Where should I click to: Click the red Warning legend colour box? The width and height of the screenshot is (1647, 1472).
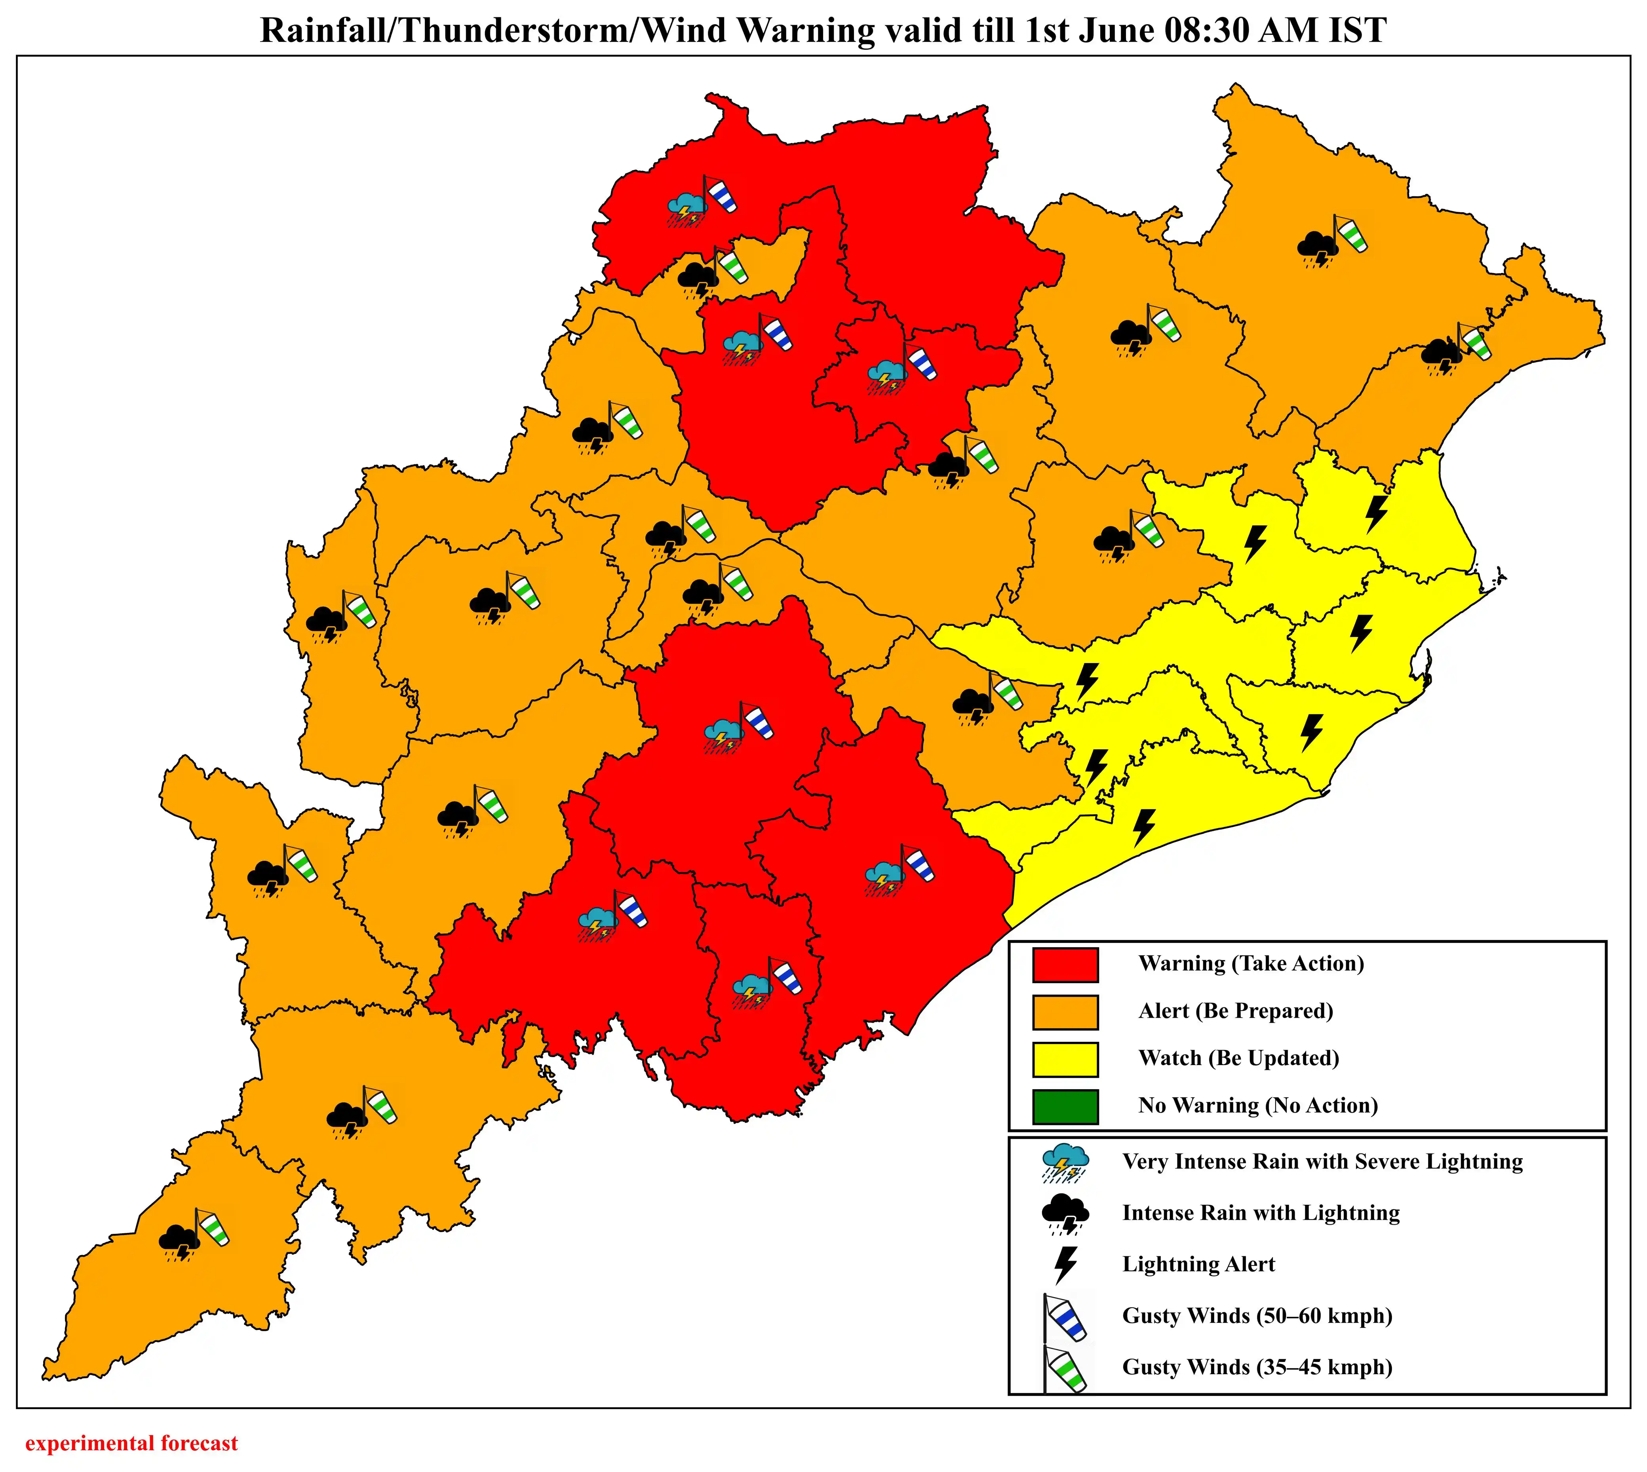1065,964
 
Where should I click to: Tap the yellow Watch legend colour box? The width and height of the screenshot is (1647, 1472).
1065,1059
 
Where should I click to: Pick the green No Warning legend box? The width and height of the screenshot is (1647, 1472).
1065,1106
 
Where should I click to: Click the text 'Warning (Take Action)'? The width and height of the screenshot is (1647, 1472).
1251,963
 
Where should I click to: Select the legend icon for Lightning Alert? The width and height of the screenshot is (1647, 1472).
1066,1264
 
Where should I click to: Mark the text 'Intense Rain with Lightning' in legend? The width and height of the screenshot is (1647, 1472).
1260,1213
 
